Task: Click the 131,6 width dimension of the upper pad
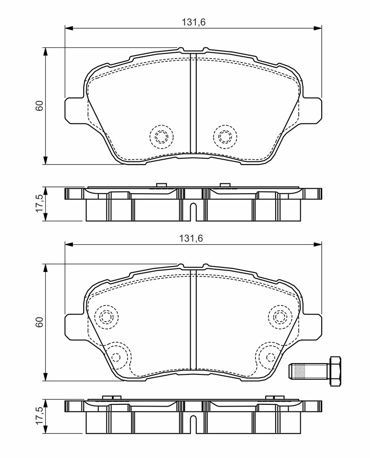194,22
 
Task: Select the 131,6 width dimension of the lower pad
191,238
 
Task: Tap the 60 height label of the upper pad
39,106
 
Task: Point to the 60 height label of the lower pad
39,322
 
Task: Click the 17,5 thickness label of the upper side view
39,204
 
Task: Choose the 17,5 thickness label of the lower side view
39,416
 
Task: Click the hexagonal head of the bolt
335,371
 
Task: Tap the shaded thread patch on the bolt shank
301,371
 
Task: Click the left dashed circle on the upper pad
162,136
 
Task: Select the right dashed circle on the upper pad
225,136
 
